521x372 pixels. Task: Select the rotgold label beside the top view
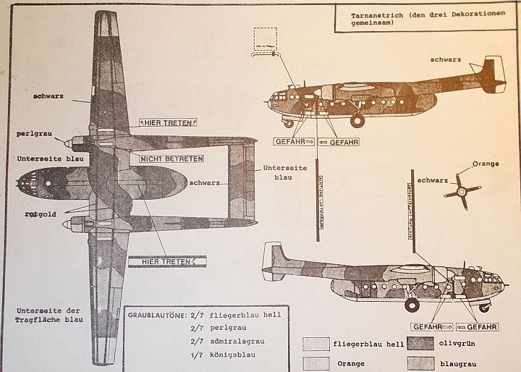(x=30, y=214)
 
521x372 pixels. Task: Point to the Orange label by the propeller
(x=485, y=164)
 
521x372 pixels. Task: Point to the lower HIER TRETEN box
(x=167, y=261)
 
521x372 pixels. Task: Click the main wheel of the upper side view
(x=357, y=120)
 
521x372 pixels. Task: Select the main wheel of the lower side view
(x=411, y=305)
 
